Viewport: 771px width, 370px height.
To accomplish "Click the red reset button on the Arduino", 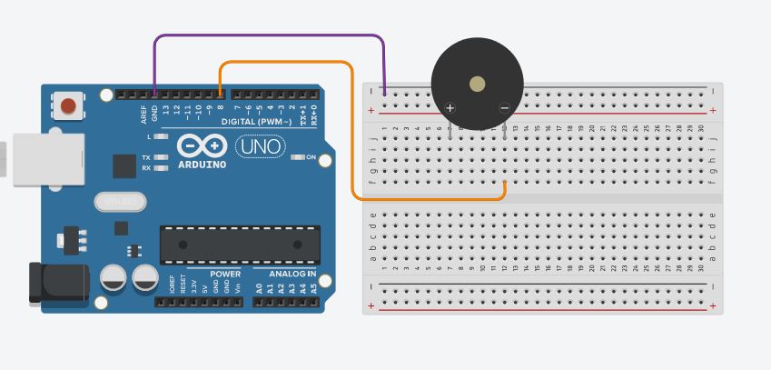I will click(x=68, y=106).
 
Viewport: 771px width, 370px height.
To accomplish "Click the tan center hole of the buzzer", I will click(x=478, y=85).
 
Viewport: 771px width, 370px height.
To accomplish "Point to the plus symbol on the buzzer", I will click(x=450, y=108).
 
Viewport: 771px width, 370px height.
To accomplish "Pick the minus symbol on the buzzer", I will click(x=505, y=108).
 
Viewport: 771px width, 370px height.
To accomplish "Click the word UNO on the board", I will click(x=260, y=145).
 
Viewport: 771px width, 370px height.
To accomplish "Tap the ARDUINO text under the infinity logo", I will click(x=202, y=165).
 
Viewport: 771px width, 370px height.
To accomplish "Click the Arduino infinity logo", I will click(x=202, y=145).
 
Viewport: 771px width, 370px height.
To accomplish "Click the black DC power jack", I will click(x=57, y=282).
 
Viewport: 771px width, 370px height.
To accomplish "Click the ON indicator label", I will click(x=311, y=157).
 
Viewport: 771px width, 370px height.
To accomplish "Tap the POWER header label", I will click(x=225, y=274).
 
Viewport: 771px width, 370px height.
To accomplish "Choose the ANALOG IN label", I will click(x=292, y=274).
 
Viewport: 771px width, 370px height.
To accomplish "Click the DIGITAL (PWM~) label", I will click(x=257, y=122).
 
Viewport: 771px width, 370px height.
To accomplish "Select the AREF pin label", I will click(x=143, y=114).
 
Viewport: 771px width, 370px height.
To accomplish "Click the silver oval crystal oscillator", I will click(x=120, y=201).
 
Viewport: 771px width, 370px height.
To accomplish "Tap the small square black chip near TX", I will click(x=124, y=165).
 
